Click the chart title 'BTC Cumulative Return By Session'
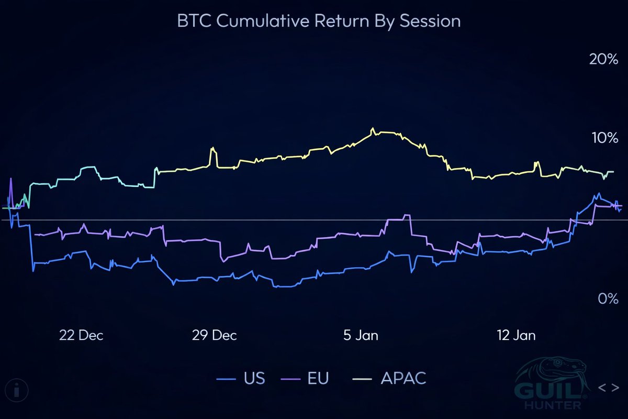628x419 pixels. coord(319,21)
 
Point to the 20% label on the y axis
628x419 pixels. coord(603,59)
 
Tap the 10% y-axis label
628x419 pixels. coord(603,138)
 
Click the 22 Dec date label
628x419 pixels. coord(81,335)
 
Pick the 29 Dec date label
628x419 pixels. coord(215,335)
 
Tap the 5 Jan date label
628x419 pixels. coord(361,335)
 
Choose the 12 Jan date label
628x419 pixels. coord(517,335)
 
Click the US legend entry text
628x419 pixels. coord(254,378)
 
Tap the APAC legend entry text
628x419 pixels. coord(403,378)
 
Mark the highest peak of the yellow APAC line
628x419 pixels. coord(373,128)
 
